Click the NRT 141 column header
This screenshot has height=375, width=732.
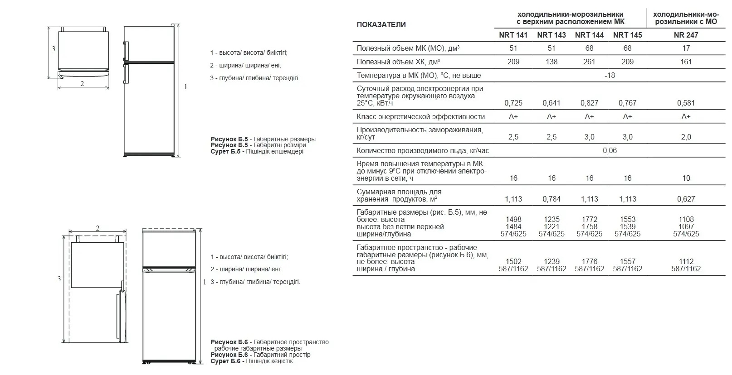click(513, 35)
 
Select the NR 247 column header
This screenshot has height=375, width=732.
click(686, 35)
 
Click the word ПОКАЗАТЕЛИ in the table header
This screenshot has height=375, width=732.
click(381, 24)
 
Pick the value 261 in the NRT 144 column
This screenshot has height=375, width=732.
click(589, 62)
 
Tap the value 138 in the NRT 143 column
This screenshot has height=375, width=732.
click(551, 62)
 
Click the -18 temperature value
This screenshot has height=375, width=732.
click(610, 75)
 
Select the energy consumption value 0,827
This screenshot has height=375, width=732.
click(589, 103)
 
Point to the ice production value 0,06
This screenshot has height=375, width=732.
click(610, 150)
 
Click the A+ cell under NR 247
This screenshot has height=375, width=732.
click(686, 116)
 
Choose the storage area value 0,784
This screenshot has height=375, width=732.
click(551, 199)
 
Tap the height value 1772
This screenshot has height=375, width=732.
click(589, 219)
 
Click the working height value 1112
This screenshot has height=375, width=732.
click(686, 261)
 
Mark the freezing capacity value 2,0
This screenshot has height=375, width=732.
click(686, 137)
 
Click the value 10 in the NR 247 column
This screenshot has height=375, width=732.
click(686, 178)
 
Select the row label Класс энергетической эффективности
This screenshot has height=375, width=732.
click(420, 116)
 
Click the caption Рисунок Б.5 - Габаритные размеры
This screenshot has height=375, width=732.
click(263, 139)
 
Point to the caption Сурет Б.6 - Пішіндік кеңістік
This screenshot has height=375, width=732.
click(251, 361)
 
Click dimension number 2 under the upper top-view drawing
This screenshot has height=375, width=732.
click(82, 83)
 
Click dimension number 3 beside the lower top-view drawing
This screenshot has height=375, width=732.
click(59, 279)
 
